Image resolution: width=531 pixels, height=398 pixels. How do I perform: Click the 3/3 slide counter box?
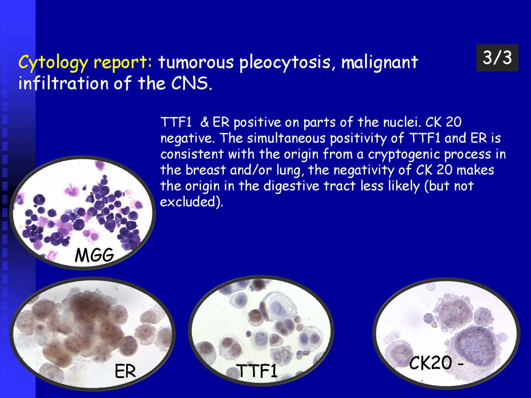[497, 58]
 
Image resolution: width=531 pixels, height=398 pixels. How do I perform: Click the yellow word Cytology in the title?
[53, 63]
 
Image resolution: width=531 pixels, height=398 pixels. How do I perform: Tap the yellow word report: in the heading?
[123, 63]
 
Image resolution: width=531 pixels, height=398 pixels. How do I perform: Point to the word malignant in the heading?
[379, 63]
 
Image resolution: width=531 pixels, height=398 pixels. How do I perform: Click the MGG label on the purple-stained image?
[94, 255]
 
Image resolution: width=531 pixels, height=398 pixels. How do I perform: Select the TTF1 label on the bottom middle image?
[257, 371]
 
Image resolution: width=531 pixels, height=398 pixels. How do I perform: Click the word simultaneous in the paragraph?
[287, 139]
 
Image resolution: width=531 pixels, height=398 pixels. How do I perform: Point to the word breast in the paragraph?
[206, 170]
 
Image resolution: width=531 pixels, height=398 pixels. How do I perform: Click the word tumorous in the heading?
[196, 62]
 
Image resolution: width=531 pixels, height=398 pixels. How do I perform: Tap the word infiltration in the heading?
[63, 83]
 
